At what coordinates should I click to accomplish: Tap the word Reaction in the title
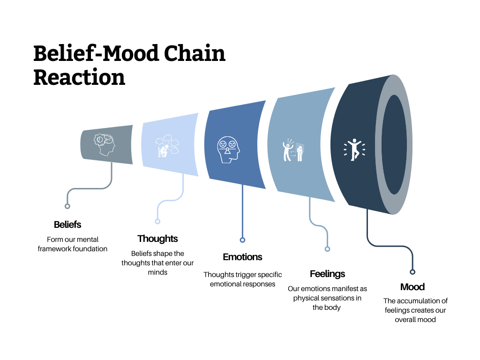pos(79,77)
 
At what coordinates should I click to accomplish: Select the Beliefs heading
pos(67,225)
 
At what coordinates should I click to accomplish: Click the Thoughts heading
pos(157,239)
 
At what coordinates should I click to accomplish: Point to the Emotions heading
pos(242,257)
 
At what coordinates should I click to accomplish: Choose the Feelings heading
pos(327,274)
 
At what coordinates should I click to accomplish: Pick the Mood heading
pos(412,287)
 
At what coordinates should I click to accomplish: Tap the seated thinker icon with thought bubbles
pos(167,146)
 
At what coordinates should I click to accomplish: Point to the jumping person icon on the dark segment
pos(354,150)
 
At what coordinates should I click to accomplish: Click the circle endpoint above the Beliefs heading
pos(67,206)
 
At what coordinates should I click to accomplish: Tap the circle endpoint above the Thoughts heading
pos(157,221)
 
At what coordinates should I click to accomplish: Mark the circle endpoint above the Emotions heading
pos(242,240)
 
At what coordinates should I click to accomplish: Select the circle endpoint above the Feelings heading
pos(327,249)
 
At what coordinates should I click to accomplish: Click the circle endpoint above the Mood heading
pos(412,271)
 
